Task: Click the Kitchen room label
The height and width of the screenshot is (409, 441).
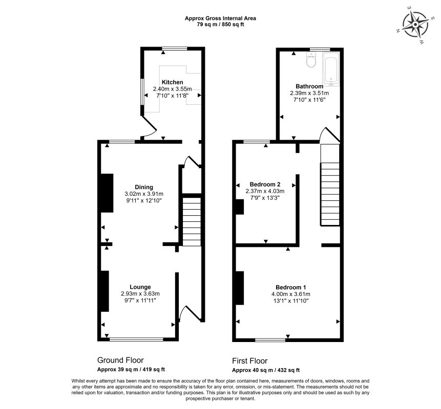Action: (x=173, y=82)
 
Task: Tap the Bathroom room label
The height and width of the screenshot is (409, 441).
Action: (x=309, y=86)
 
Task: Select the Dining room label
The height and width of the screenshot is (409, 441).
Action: (x=144, y=187)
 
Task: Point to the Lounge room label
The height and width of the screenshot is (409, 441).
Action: (x=140, y=287)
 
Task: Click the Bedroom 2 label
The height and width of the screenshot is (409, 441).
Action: (x=265, y=185)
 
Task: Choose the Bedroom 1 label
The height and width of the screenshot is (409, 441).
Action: (x=290, y=287)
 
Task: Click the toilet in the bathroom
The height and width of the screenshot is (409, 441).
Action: (x=311, y=60)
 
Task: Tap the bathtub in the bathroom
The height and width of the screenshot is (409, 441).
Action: (x=331, y=68)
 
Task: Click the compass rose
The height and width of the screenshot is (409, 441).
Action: (x=415, y=25)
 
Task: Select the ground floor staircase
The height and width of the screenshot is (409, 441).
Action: (x=192, y=222)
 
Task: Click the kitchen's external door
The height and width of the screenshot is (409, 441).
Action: (x=149, y=127)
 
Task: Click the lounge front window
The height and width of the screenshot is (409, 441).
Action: (x=136, y=339)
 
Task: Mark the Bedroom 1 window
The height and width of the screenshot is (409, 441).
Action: (x=270, y=340)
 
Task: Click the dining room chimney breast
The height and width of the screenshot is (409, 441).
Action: (x=107, y=193)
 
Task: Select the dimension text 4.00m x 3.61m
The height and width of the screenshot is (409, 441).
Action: (x=290, y=294)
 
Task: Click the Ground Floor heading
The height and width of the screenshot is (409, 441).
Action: (x=120, y=360)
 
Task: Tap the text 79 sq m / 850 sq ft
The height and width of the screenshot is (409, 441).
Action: (x=220, y=25)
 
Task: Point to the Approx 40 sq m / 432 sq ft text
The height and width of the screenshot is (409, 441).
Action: (x=266, y=370)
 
